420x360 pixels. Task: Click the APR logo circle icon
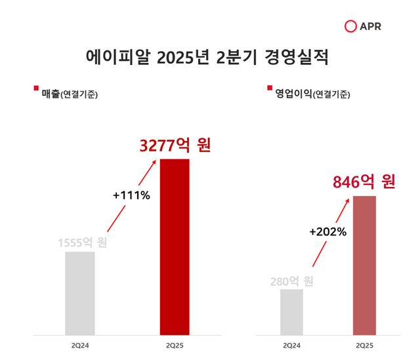pos(351,26)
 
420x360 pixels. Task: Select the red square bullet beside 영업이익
pos(269,89)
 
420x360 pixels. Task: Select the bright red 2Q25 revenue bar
pos(175,247)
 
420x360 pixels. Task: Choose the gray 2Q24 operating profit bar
pos(291,311)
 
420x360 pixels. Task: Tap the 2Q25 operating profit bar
pos(364,265)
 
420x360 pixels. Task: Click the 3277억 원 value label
pos(175,145)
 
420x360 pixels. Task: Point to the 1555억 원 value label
pos(82,242)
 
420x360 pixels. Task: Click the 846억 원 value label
pos(364,182)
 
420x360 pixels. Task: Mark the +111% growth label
pos(131,195)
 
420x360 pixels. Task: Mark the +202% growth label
pos(327,231)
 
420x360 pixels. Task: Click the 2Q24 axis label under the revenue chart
pos(79,346)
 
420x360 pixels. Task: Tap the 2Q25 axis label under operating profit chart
pos(364,346)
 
